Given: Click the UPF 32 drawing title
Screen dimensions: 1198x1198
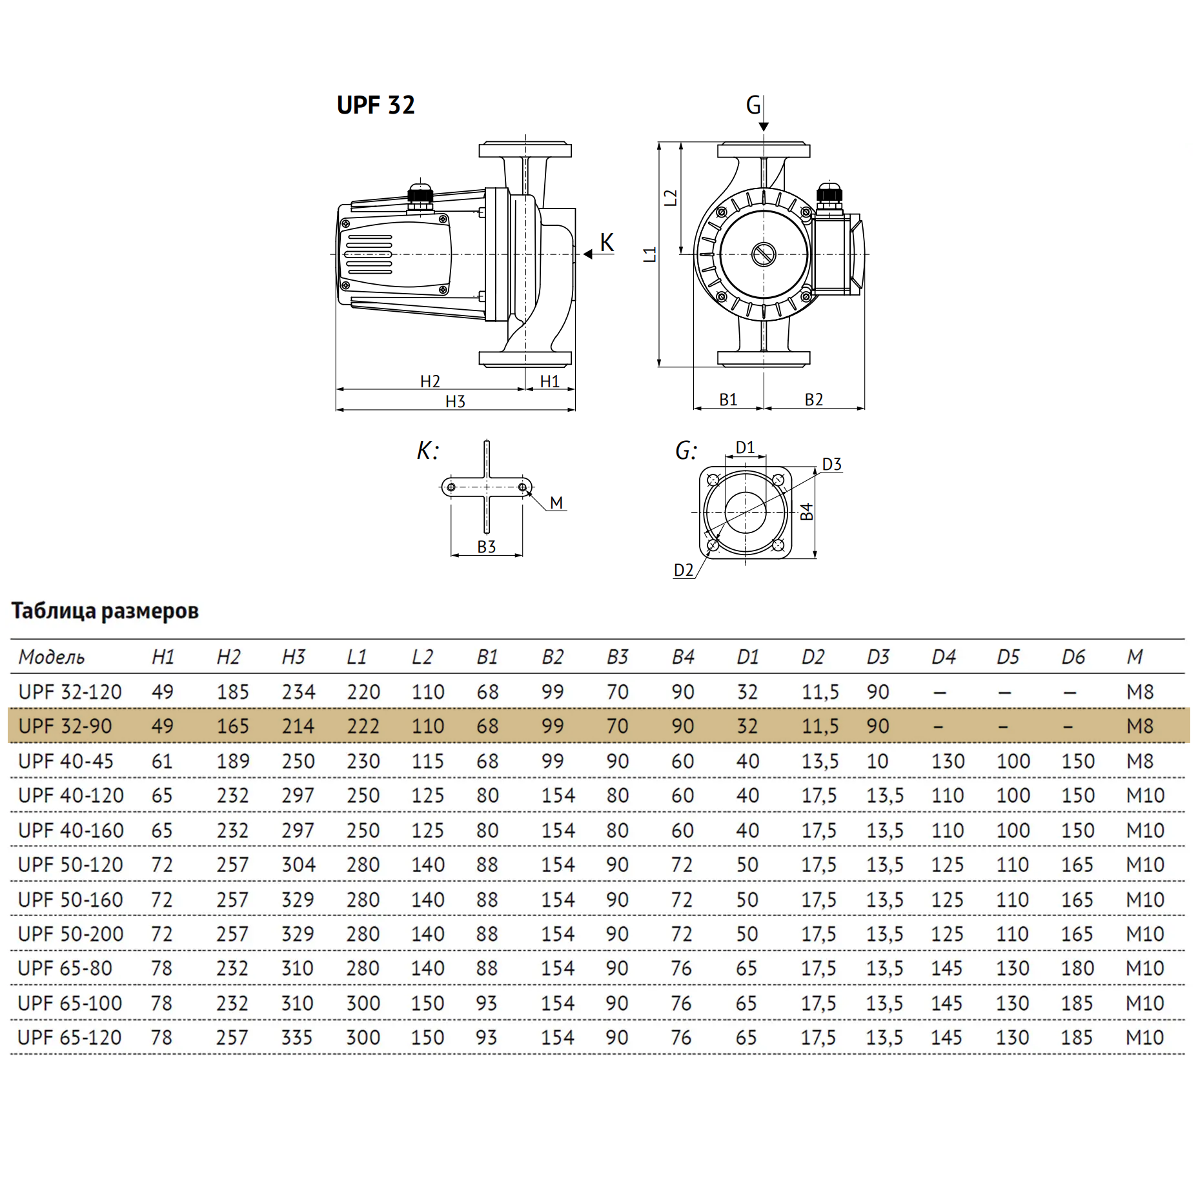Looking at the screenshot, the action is (x=376, y=105).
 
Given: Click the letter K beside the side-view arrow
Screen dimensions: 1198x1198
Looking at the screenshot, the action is (x=607, y=243).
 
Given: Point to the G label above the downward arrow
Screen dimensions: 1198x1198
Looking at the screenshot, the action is (x=753, y=105).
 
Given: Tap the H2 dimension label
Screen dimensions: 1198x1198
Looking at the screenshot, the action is (x=430, y=381).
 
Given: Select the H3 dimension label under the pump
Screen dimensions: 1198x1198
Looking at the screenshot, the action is (x=455, y=401).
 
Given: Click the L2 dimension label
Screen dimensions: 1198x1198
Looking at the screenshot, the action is (x=671, y=198).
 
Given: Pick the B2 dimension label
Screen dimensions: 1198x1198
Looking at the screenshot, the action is (x=813, y=400).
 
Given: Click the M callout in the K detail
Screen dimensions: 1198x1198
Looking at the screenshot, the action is (x=556, y=502).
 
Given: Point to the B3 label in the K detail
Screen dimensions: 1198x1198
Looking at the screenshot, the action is (x=486, y=547).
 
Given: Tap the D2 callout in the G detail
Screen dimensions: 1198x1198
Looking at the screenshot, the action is (x=684, y=570).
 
